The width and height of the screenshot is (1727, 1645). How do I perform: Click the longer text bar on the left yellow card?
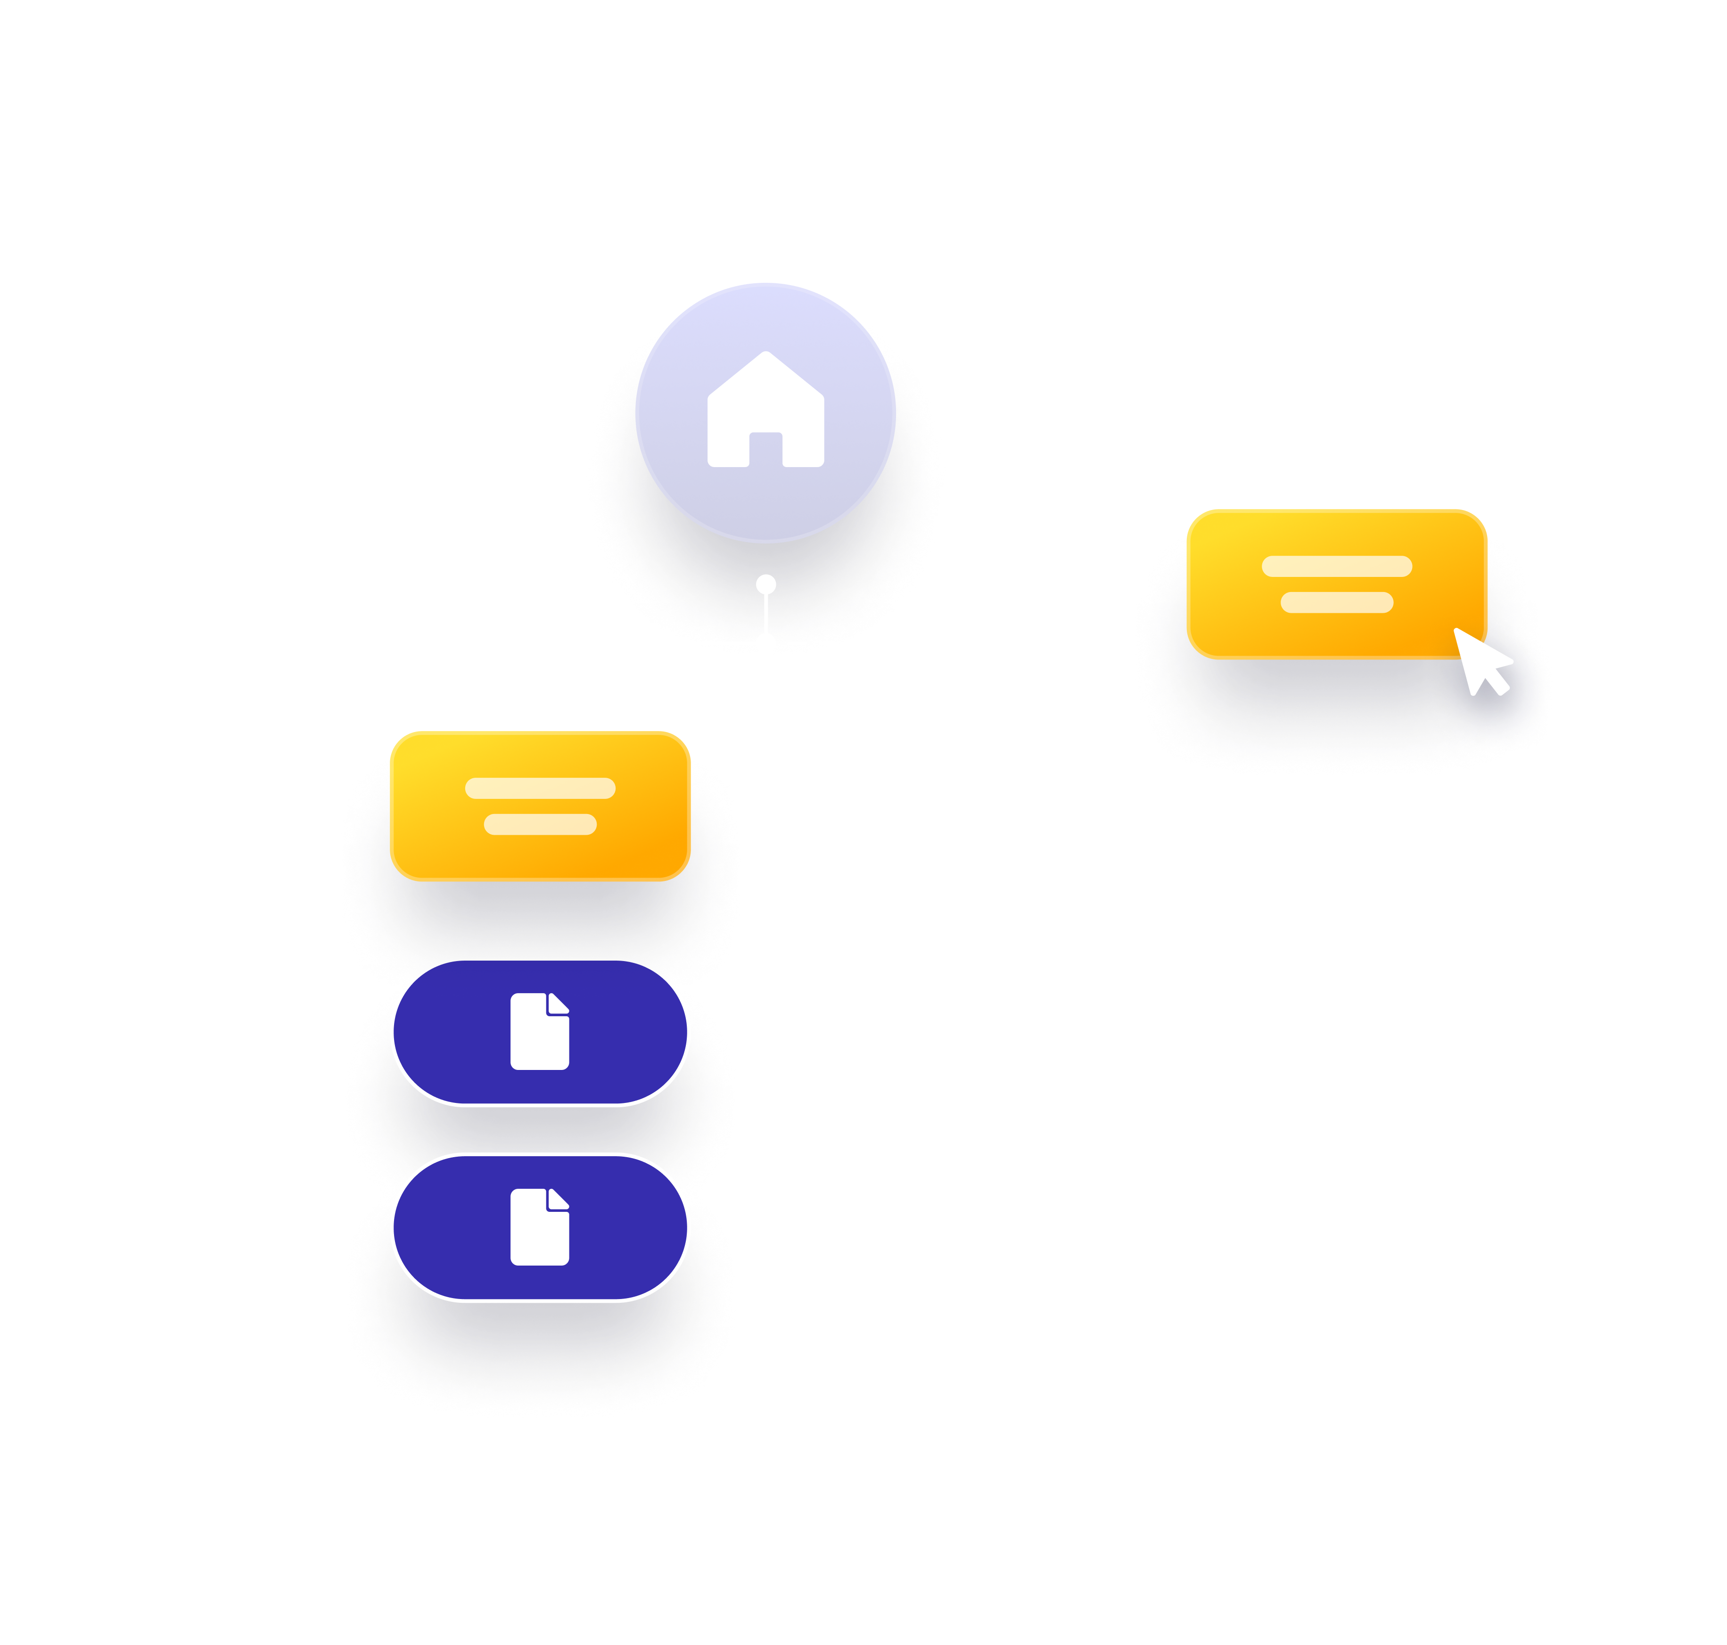pos(540,788)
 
